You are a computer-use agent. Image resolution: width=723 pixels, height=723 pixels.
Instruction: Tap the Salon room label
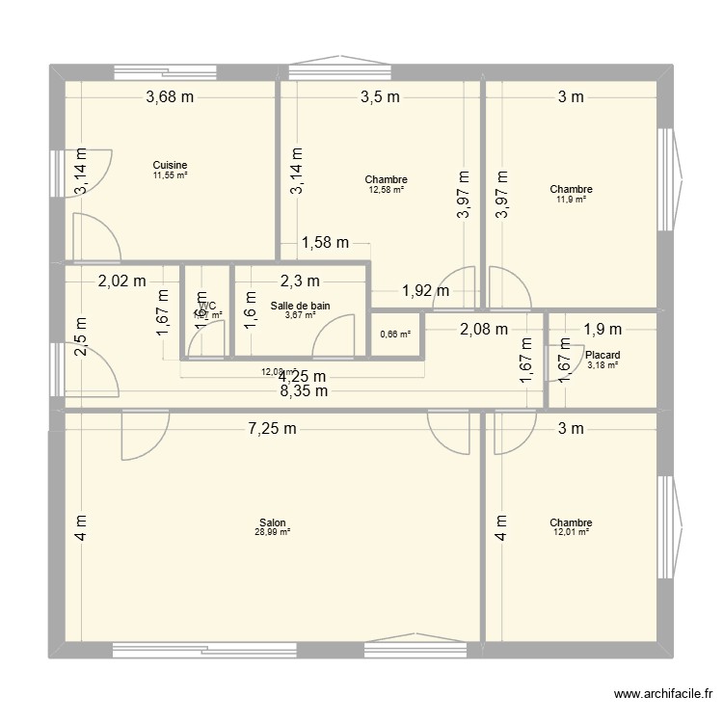click(x=272, y=522)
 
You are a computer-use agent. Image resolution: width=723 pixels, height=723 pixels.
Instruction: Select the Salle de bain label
click(x=300, y=306)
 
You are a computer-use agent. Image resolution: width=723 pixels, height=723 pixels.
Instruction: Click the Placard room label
click(x=602, y=355)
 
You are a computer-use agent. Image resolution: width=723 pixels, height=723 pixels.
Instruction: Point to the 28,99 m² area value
click(x=272, y=531)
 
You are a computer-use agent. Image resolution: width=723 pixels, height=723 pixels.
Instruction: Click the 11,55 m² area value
click(x=170, y=174)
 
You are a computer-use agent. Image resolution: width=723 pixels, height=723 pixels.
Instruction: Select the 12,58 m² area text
click(x=386, y=189)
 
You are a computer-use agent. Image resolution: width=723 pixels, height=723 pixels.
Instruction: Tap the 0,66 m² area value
click(x=395, y=335)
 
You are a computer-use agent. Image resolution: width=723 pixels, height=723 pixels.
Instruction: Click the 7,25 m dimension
click(x=272, y=429)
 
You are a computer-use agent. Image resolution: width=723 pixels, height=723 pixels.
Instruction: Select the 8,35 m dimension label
click(x=304, y=390)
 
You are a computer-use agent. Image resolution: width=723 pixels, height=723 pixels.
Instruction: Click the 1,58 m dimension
click(x=325, y=243)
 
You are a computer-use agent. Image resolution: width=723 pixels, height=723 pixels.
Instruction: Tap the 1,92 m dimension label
click(x=425, y=289)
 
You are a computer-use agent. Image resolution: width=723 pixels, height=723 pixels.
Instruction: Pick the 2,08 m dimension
click(x=483, y=329)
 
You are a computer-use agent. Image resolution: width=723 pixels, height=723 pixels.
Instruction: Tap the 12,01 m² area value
click(x=572, y=531)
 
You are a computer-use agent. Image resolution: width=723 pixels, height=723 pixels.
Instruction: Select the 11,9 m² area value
click(x=572, y=199)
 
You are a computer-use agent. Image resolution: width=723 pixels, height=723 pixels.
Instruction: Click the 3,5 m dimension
click(x=382, y=96)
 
